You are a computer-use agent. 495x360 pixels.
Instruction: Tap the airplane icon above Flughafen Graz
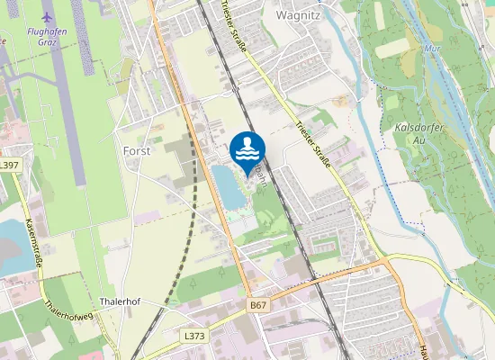point(47,17)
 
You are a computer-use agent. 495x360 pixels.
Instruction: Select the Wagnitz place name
point(298,15)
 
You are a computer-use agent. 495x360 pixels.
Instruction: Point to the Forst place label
point(136,151)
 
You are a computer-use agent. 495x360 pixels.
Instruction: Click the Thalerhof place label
point(123,302)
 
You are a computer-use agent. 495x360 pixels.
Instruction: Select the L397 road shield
point(9,166)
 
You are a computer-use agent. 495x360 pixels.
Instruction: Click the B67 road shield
point(259,307)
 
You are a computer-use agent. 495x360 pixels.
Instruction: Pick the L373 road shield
point(194,335)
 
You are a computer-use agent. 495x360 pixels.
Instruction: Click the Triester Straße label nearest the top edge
point(231,27)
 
